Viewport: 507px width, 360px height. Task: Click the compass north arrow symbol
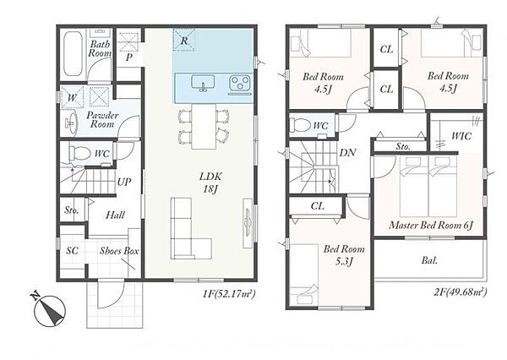[50, 310]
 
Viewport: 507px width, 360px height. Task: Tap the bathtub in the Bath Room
[73, 54]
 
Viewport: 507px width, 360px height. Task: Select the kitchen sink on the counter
[203, 83]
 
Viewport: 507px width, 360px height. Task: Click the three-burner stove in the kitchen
[240, 83]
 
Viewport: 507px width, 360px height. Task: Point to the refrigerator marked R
[184, 40]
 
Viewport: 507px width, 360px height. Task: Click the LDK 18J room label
[210, 183]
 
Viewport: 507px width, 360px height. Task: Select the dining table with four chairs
[204, 126]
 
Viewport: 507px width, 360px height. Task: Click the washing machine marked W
[72, 96]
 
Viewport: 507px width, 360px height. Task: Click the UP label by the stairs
[124, 182]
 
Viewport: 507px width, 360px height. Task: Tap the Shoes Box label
[119, 251]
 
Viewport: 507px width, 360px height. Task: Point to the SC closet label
[72, 250]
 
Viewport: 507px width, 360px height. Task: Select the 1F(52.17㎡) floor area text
[229, 294]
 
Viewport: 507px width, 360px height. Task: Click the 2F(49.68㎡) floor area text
[461, 292]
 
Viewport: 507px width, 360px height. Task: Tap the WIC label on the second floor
[461, 136]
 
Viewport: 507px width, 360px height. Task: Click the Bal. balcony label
[429, 260]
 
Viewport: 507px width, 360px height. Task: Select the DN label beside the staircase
[347, 153]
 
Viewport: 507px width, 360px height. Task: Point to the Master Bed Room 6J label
[431, 225]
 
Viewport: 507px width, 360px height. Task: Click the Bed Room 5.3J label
[344, 255]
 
